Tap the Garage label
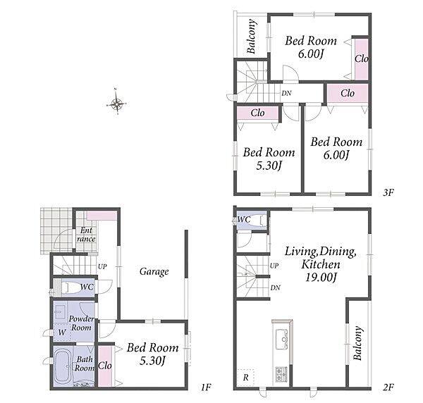[154, 272]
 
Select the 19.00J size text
[321, 277]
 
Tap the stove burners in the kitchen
[281, 373]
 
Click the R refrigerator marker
[245, 378]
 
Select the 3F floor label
[388, 192]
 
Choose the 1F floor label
[206, 387]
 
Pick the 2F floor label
[388, 387]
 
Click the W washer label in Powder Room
[62, 332]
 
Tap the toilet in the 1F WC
[70, 287]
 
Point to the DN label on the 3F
[286, 93]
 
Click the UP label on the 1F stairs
[102, 266]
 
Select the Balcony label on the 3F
[251, 36]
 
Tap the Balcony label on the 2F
[357, 343]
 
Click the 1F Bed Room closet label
[104, 366]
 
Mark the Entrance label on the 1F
[86, 235]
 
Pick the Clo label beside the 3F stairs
[257, 113]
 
